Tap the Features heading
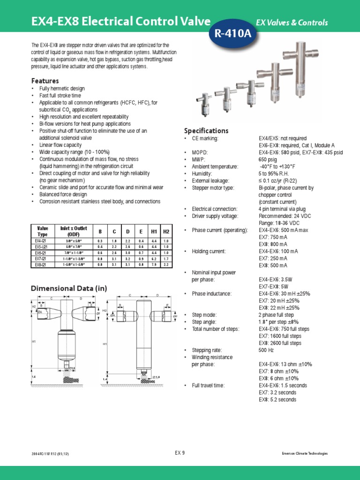coord(45,81)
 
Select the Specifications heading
coord(206,131)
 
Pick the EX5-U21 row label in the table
coord(42,246)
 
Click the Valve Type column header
coord(42,231)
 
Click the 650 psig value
coord(269,159)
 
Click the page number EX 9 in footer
coord(180,452)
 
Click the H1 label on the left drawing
coord(34,342)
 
